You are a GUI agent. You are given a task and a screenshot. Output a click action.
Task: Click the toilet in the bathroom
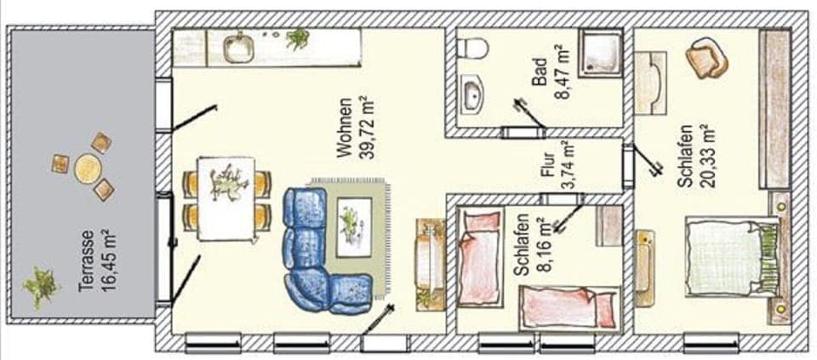pos(473,48)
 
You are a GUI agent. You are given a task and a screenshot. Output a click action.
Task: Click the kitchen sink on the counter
pos(238,48)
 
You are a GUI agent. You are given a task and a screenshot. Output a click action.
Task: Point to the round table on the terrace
pos(88,169)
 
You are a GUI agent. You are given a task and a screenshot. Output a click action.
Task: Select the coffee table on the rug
pos(353,226)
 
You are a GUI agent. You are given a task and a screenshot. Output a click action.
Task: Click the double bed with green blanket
pos(730,257)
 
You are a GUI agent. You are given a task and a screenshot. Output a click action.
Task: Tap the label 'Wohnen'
pos(344,129)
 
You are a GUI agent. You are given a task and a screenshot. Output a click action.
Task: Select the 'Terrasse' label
pos(85,260)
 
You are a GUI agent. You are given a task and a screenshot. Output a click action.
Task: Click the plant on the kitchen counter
pos(298,38)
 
